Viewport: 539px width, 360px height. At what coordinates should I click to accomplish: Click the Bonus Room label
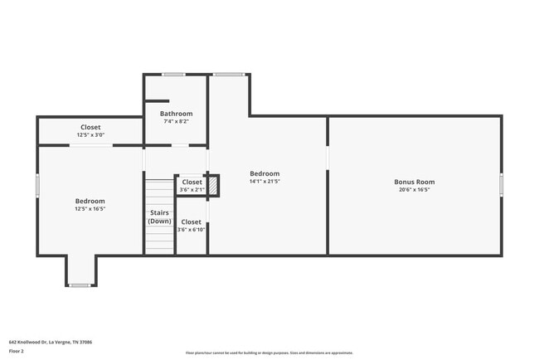[x=414, y=182]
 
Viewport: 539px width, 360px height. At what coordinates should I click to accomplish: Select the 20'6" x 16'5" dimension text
[x=414, y=190]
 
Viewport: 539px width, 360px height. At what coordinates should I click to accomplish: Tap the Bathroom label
[x=176, y=114]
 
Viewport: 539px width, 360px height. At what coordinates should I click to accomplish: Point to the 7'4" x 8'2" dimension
[x=176, y=122]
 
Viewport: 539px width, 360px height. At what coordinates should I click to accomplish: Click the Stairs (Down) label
[x=159, y=217]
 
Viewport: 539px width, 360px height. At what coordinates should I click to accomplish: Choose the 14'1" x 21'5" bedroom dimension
[x=265, y=182]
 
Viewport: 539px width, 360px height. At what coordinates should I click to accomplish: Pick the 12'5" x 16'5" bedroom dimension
[x=90, y=209]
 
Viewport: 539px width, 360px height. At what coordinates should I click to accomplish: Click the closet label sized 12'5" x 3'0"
[x=90, y=127]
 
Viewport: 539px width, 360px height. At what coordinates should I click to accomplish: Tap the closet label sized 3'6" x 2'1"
[x=192, y=182]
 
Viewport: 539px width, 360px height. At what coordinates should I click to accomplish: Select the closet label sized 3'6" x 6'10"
[x=192, y=221]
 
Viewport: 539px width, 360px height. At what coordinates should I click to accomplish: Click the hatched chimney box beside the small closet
[x=213, y=186]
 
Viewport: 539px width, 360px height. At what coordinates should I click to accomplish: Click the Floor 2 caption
[x=17, y=352]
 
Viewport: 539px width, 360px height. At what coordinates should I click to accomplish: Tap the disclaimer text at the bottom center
[x=269, y=353]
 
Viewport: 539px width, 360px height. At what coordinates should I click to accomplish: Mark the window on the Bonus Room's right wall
[x=502, y=184]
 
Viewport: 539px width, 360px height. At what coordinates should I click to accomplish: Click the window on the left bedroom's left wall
[x=37, y=185]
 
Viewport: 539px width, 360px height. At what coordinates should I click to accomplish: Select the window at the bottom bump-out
[x=80, y=285]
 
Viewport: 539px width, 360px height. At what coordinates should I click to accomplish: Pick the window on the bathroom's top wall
[x=173, y=75]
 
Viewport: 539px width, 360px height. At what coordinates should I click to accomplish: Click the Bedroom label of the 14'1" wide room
[x=265, y=173]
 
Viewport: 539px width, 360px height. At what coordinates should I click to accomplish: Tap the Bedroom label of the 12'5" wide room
[x=90, y=201]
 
